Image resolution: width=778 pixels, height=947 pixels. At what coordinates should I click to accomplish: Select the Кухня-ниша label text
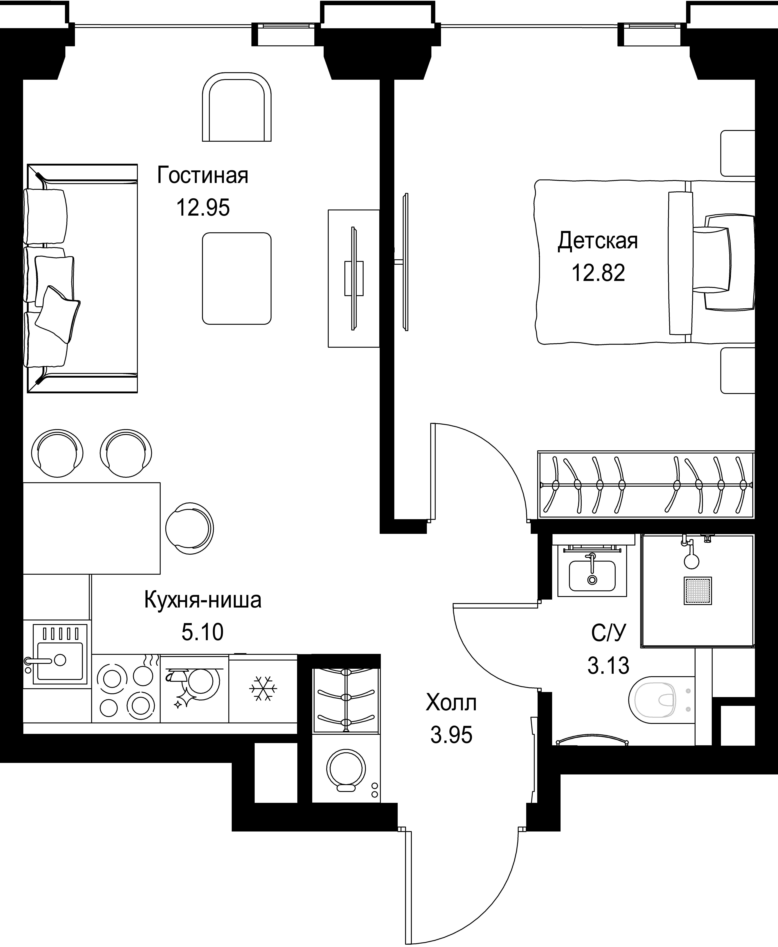pyautogui.click(x=203, y=600)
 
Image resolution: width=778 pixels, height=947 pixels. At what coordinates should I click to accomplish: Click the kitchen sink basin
pyautogui.click(x=60, y=661)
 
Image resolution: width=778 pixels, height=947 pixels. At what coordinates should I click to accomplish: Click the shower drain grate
pyautogui.click(x=698, y=591)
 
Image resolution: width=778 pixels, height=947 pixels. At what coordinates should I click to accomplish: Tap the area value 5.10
pyautogui.click(x=203, y=632)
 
